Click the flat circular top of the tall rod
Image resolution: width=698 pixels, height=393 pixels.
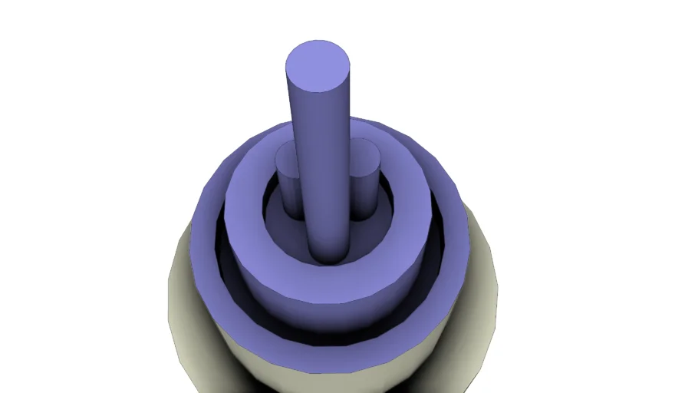(x=318, y=66)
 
